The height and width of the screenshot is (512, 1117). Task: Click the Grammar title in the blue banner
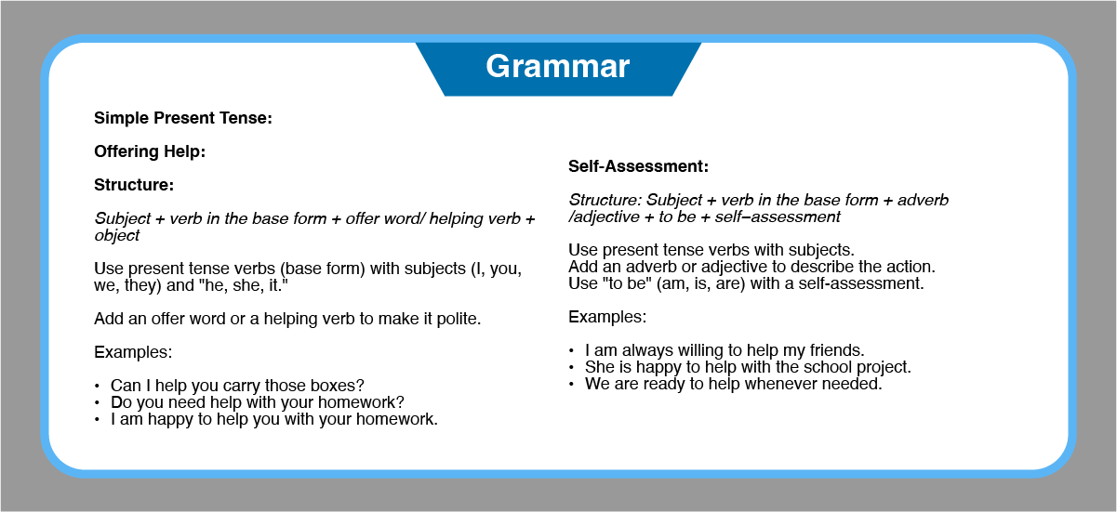click(557, 67)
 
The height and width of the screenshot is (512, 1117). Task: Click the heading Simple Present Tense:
click(183, 118)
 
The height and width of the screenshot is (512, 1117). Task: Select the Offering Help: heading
click(150, 151)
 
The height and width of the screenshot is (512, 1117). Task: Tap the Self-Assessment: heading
click(638, 165)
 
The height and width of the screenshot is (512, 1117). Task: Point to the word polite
click(459, 319)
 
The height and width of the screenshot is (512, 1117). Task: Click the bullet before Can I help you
click(97, 387)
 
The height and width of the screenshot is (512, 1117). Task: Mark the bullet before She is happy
click(571, 368)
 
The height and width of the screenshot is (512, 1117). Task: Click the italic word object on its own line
click(117, 236)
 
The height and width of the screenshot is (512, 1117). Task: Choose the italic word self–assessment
click(778, 217)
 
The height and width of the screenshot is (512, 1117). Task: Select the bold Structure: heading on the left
click(134, 185)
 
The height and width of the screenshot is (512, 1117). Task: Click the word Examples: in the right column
click(607, 317)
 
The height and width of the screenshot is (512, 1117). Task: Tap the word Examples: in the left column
click(133, 352)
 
